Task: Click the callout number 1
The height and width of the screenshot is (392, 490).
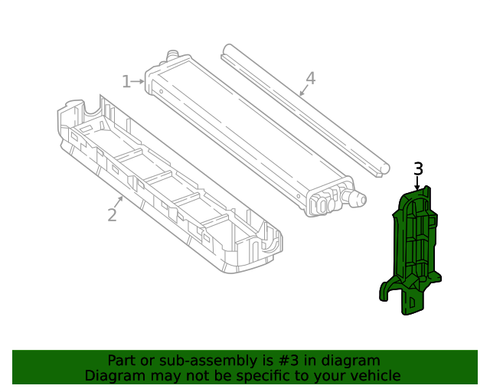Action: pyautogui.click(x=126, y=81)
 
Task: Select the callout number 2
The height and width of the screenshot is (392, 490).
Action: pyautogui.click(x=112, y=215)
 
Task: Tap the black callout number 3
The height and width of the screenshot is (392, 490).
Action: pyautogui.click(x=418, y=168)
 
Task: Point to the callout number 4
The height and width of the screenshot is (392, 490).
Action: pyautogui.click(x=310, y=78)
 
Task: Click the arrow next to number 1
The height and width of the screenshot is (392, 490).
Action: pyautogui.click(x=139, y=81)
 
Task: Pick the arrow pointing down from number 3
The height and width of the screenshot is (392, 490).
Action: pyautogui.click(x=417, y=184)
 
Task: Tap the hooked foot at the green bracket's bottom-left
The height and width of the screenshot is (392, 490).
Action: pyautogui.click(x=387, y=291)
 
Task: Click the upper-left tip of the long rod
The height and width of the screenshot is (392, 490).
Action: pyautogui.click(x=225, y=49)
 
